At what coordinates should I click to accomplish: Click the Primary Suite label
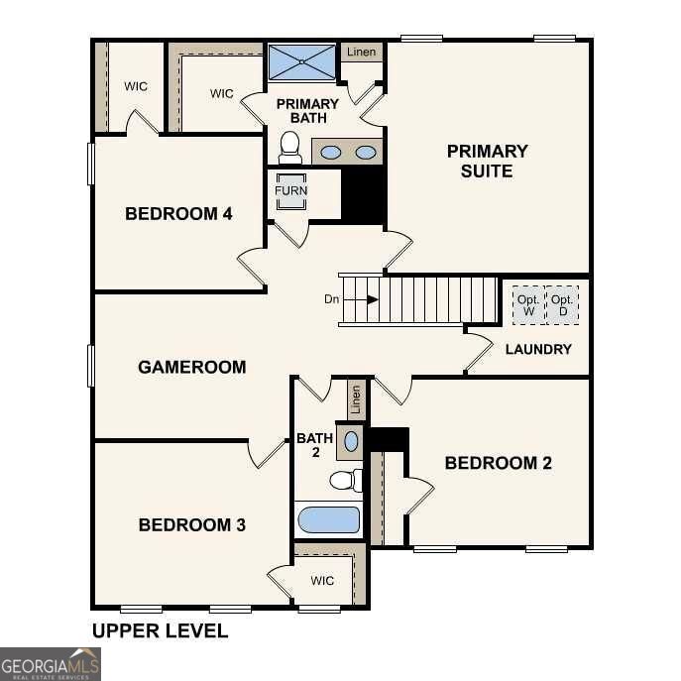pos(487,161)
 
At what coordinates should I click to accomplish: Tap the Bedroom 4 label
pos(178,213)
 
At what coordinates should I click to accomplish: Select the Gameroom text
pos(191,367)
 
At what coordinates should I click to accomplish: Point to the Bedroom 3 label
pos(191,524)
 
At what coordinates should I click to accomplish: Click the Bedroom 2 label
pos(498,463)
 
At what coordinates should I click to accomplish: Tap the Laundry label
pos(538,349)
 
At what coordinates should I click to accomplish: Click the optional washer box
pos(527,305)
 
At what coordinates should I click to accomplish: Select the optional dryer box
pos(562,305)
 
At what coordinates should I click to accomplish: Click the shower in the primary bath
pos(302,62)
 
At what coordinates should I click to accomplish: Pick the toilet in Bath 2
pos(343,481)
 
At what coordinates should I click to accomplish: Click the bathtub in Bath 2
pos(329,519)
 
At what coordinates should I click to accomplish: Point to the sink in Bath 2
pos(351,440)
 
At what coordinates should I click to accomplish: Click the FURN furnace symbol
pos(291,190)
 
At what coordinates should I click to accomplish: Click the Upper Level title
pos(160,630)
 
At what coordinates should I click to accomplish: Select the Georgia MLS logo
pos(51,663)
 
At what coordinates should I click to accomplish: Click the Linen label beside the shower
pos(361,52)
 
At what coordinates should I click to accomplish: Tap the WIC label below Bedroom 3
pos(322,580)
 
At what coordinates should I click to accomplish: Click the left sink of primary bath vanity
pos(332,153)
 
